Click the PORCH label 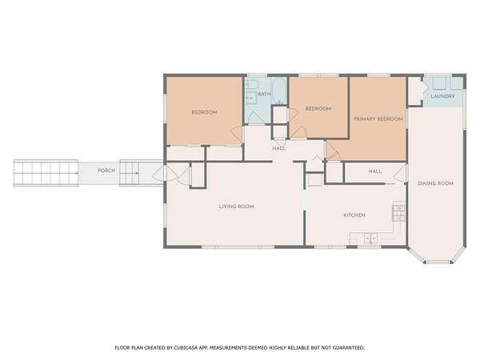pyautogui.click(x=106, y=170)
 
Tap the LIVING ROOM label pyautogui.click(x=236, y=206)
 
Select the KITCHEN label pyautogui.click(x=354, y=215)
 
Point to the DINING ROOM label pyautogui.click(x=436, y=183)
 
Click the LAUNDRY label pyautogui.click(x=442, y=96)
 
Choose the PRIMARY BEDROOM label pyautogui.click(x=378, y=118)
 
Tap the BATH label pyautogui.click(x=265, y=94)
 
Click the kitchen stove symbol pyautogui.click(x=399, y=211)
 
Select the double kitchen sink pyautogui.click(x=370, y=238)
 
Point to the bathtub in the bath pyautogui.click(x=279, y=91)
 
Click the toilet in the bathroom pyautogui.click(x=252, y=84)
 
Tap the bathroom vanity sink pyautogui.click(x=250, y=98)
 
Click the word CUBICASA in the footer pyautogui.click(x=186, y=348)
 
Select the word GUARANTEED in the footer pyautogui.click(x=349, y=348)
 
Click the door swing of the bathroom pyautogui.click(x=254, y=118)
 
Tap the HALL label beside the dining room pyautogui.click(x=375, y=171)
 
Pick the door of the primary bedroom pyautogui.click(x=334, y=150)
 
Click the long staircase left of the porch pyautogui.click(x=46, y=173)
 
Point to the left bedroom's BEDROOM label pyautogui.click(x=205, y=112)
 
